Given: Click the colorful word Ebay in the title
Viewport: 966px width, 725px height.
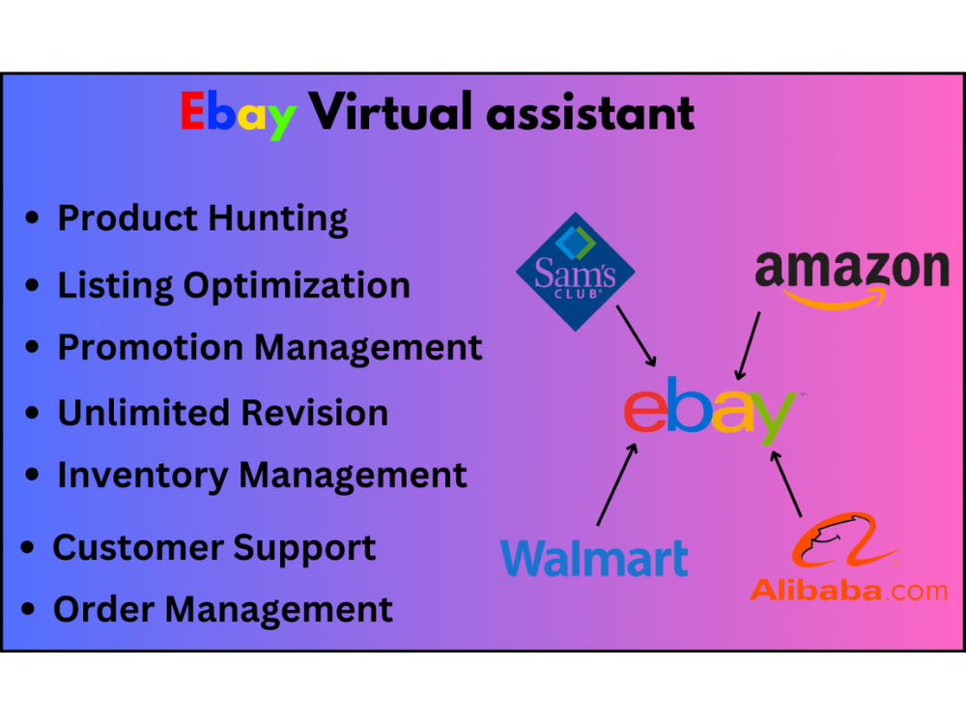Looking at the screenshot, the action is point(239,115).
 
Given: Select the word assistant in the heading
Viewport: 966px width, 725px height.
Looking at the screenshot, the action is point(590,113).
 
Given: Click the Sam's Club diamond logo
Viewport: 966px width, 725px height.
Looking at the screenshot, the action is point(576,272).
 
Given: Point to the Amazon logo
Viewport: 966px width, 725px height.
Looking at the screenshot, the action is point(852,277).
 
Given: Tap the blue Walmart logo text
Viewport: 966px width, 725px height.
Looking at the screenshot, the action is point(594,558).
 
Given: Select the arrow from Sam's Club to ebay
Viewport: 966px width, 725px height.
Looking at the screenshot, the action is point(636,336).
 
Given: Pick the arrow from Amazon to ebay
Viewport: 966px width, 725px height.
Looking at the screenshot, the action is point(748,346).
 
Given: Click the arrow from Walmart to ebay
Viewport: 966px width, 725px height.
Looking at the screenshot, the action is point(616,484).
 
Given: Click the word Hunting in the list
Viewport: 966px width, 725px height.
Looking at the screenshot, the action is point(278,219).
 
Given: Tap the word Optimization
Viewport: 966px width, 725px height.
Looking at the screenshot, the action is point(297,287).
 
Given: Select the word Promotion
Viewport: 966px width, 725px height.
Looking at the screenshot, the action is point(151,347).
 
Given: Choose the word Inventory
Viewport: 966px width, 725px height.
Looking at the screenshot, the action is point(142,476).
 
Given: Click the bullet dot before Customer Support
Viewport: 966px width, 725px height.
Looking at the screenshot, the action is point(27,547).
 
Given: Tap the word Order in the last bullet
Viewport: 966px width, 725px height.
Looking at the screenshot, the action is point(103,610).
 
